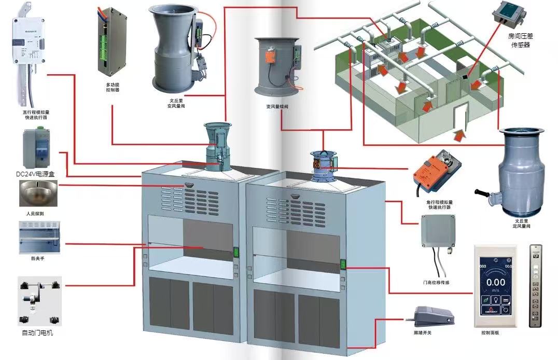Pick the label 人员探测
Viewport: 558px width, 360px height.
(x=36, y=213)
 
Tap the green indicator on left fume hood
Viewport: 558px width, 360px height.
(x=235, y=253)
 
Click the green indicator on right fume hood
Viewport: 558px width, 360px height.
(x=343, y=265)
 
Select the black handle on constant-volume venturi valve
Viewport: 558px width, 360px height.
(x=482, y=196)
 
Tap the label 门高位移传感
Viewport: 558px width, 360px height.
(x=436, y=283)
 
